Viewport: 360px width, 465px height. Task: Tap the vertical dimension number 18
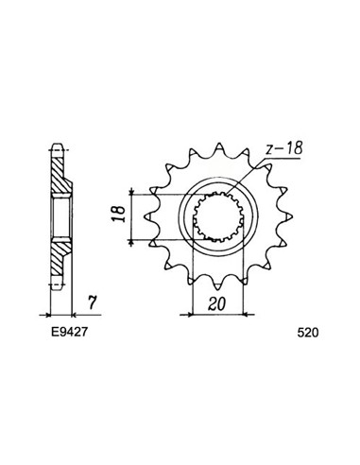click(113, 217)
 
